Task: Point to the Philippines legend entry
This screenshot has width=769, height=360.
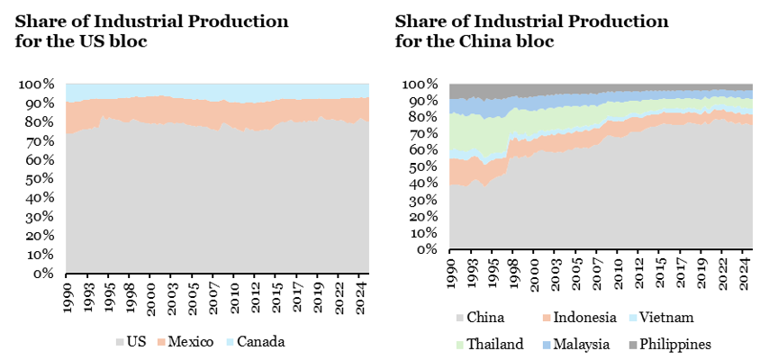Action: (673, 344)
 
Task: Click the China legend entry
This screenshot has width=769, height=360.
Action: (479, 318)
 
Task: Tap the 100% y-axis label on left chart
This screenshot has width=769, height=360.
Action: (38, 85)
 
